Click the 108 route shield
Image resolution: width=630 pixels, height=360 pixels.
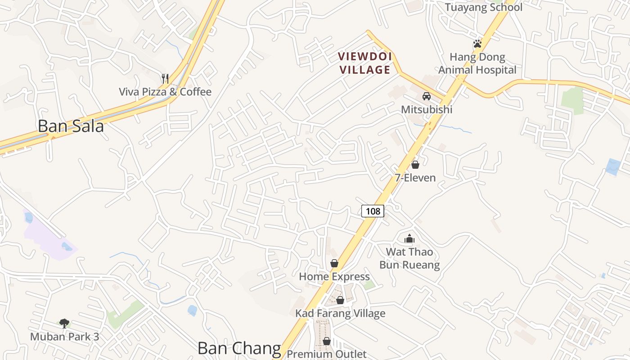click(x=373, y=211)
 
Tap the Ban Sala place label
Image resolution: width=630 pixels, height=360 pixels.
click(x=71, y=126)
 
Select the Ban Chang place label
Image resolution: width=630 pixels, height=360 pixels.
click(x=239, y=348)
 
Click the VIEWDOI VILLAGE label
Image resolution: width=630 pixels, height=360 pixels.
click(x=365, y=63)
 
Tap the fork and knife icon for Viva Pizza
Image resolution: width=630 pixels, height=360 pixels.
click(x=165, y=79)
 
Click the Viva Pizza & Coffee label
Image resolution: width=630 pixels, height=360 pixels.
click(x=165, y=92)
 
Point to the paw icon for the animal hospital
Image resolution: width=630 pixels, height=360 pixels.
click(x=477, y=44)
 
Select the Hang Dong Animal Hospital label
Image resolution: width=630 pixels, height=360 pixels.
click(x=477, y=63)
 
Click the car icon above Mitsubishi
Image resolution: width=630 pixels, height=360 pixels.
click(x=426, y=96)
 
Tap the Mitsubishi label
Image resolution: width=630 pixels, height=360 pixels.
click(x=426, y=109)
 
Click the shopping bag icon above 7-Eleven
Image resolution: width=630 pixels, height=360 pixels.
click(x=415, y=165)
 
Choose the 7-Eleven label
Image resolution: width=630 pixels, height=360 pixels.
click(x=415, y=178)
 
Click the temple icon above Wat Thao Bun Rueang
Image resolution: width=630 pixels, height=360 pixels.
click(x=409, y=238)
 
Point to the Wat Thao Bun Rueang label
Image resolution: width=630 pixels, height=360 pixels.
click(x=409, y=258)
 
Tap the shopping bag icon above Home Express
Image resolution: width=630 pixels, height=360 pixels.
click(x=334, y=263)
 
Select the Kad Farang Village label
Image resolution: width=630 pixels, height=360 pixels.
click(x=340, y=313)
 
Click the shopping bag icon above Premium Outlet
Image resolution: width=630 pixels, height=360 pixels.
click(x=327, y=341)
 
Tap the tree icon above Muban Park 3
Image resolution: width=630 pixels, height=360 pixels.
click(x=64, y=323)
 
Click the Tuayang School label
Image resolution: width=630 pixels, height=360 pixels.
click(x=484, y=7)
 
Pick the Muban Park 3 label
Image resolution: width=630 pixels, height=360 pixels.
click(x=64, y=337)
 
